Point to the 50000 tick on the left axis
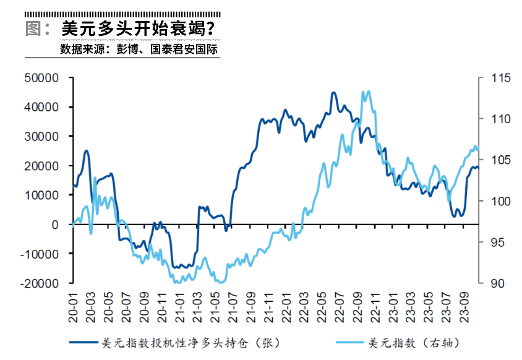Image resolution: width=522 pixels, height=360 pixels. tap(41, 78)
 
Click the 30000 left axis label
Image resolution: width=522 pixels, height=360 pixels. tap(41, 137)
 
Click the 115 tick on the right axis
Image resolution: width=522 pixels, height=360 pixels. tap(500, 78)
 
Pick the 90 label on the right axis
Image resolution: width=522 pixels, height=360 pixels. tap(497, 283)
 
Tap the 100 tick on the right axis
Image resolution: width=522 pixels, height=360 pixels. tap(500, 201)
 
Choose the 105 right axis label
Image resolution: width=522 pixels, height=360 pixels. tap(500, 160)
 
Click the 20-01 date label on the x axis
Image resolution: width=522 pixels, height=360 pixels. tap(74, 304)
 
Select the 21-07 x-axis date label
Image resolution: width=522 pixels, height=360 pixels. tap(234, 304)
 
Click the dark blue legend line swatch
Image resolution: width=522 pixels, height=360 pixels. tap(83, 341)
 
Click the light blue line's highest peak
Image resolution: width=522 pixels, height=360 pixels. tap(369, 92)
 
